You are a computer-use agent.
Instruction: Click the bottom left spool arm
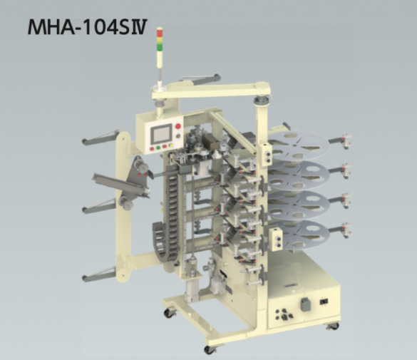[x=100, y=274]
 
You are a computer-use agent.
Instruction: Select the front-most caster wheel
[x=210, y=349]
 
